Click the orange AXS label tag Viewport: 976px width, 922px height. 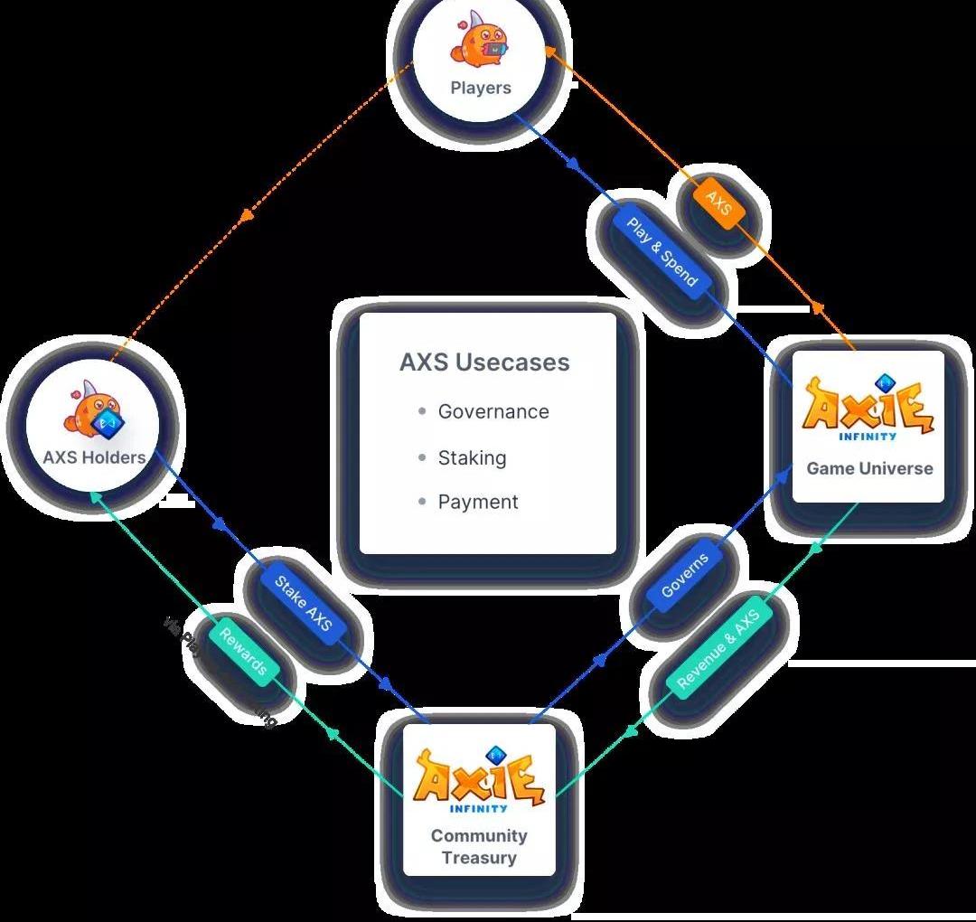718,204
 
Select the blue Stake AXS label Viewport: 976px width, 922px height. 304,604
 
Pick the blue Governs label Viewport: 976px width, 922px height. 684,575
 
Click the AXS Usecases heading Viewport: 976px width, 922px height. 484,362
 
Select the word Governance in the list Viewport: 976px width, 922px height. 493,411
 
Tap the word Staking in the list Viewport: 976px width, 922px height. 472,457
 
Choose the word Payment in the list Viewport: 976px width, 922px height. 478,502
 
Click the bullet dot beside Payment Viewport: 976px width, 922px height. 422,501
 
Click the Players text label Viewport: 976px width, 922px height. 481,88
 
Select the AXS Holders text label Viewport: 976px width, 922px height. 94,457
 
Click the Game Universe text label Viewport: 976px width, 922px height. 869,468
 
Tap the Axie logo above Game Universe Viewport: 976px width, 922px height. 868,409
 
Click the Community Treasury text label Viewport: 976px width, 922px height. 479,846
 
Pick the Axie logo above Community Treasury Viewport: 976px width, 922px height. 479,780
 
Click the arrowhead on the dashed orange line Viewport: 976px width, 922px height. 247,214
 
